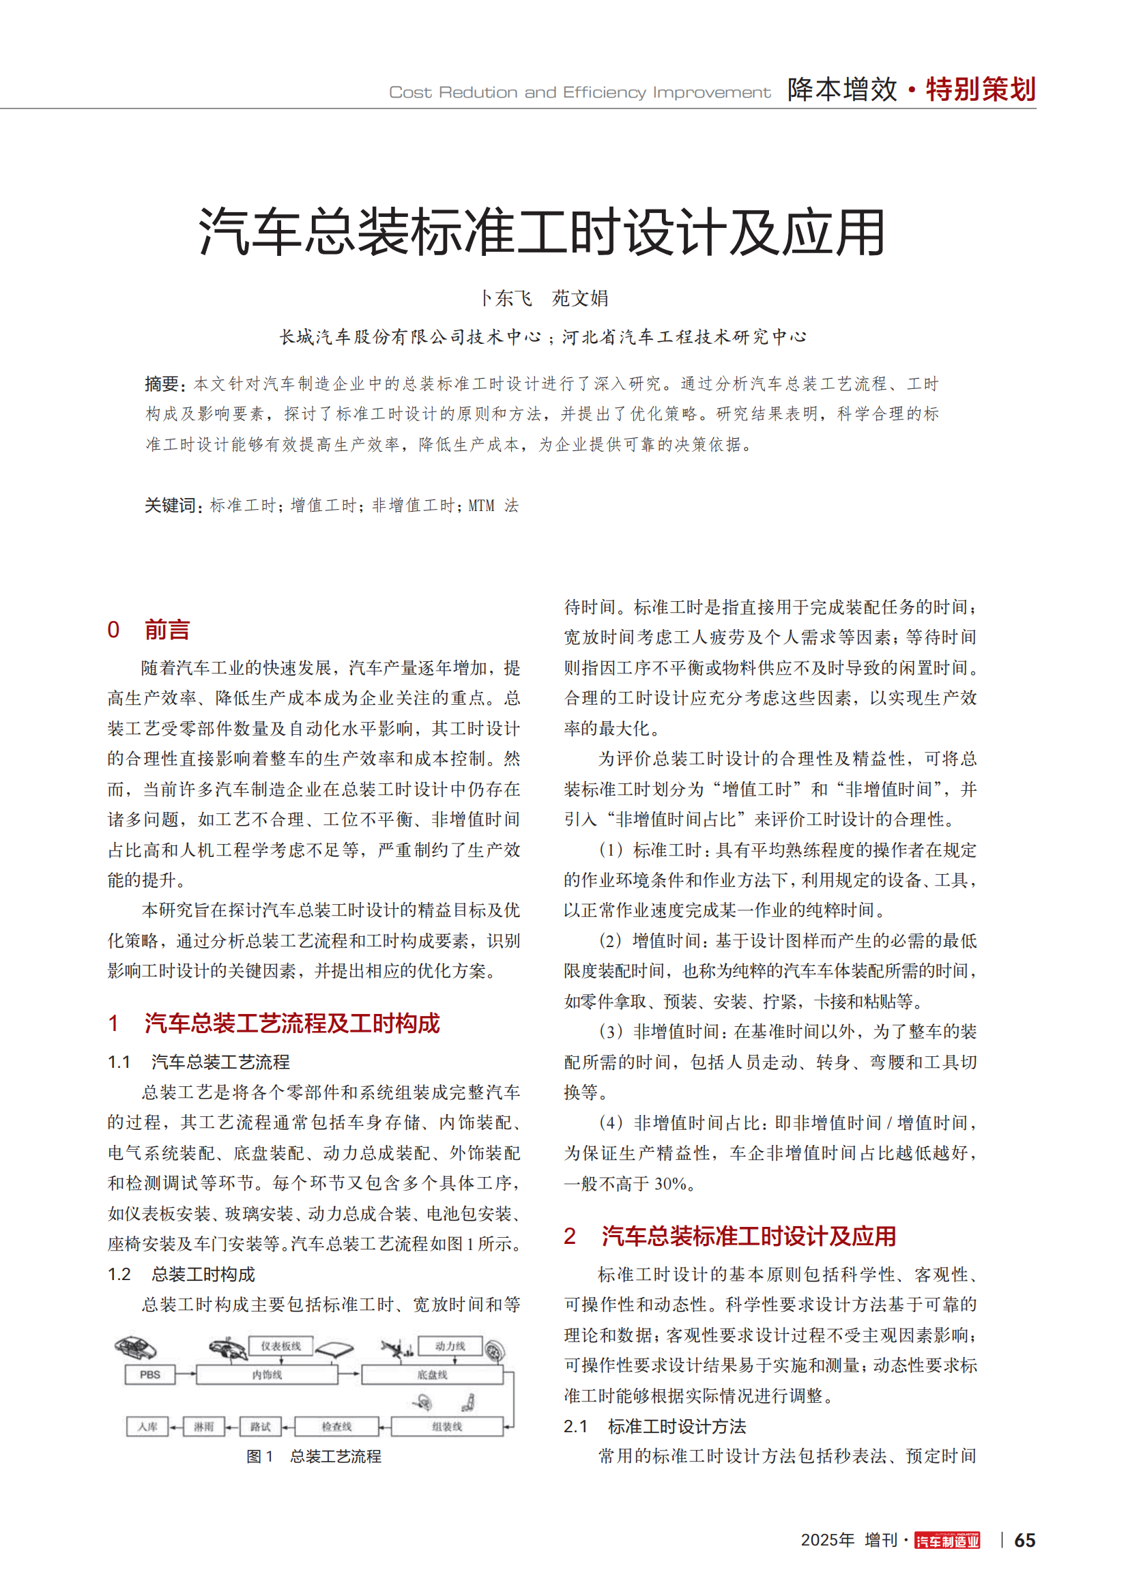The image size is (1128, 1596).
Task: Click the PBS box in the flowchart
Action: point(149,1374)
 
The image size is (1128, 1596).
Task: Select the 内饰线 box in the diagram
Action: point(267,1375)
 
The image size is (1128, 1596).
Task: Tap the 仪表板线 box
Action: point(280,1346)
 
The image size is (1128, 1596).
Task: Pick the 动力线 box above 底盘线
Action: point(450,1346)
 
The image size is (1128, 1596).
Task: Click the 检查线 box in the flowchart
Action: point(336,1426)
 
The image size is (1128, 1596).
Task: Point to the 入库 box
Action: point(147,1426)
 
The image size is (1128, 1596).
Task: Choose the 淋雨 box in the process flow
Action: point(203,1426)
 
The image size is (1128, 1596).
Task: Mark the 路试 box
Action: point(260,1426)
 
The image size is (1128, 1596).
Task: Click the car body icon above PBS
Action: point(136,1348)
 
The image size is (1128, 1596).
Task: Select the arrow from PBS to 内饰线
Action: point(186,1374)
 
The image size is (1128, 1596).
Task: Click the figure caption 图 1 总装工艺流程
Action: point(313,1456)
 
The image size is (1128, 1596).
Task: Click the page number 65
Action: point(1024,1541)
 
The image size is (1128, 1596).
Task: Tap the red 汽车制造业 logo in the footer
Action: point(946,1541)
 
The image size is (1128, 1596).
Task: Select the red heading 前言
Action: point(167,630)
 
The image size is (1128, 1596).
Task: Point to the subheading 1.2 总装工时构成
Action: point(182,1274)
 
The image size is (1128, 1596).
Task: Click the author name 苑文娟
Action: point(579,298)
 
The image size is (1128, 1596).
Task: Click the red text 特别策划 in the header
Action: point(980,89)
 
